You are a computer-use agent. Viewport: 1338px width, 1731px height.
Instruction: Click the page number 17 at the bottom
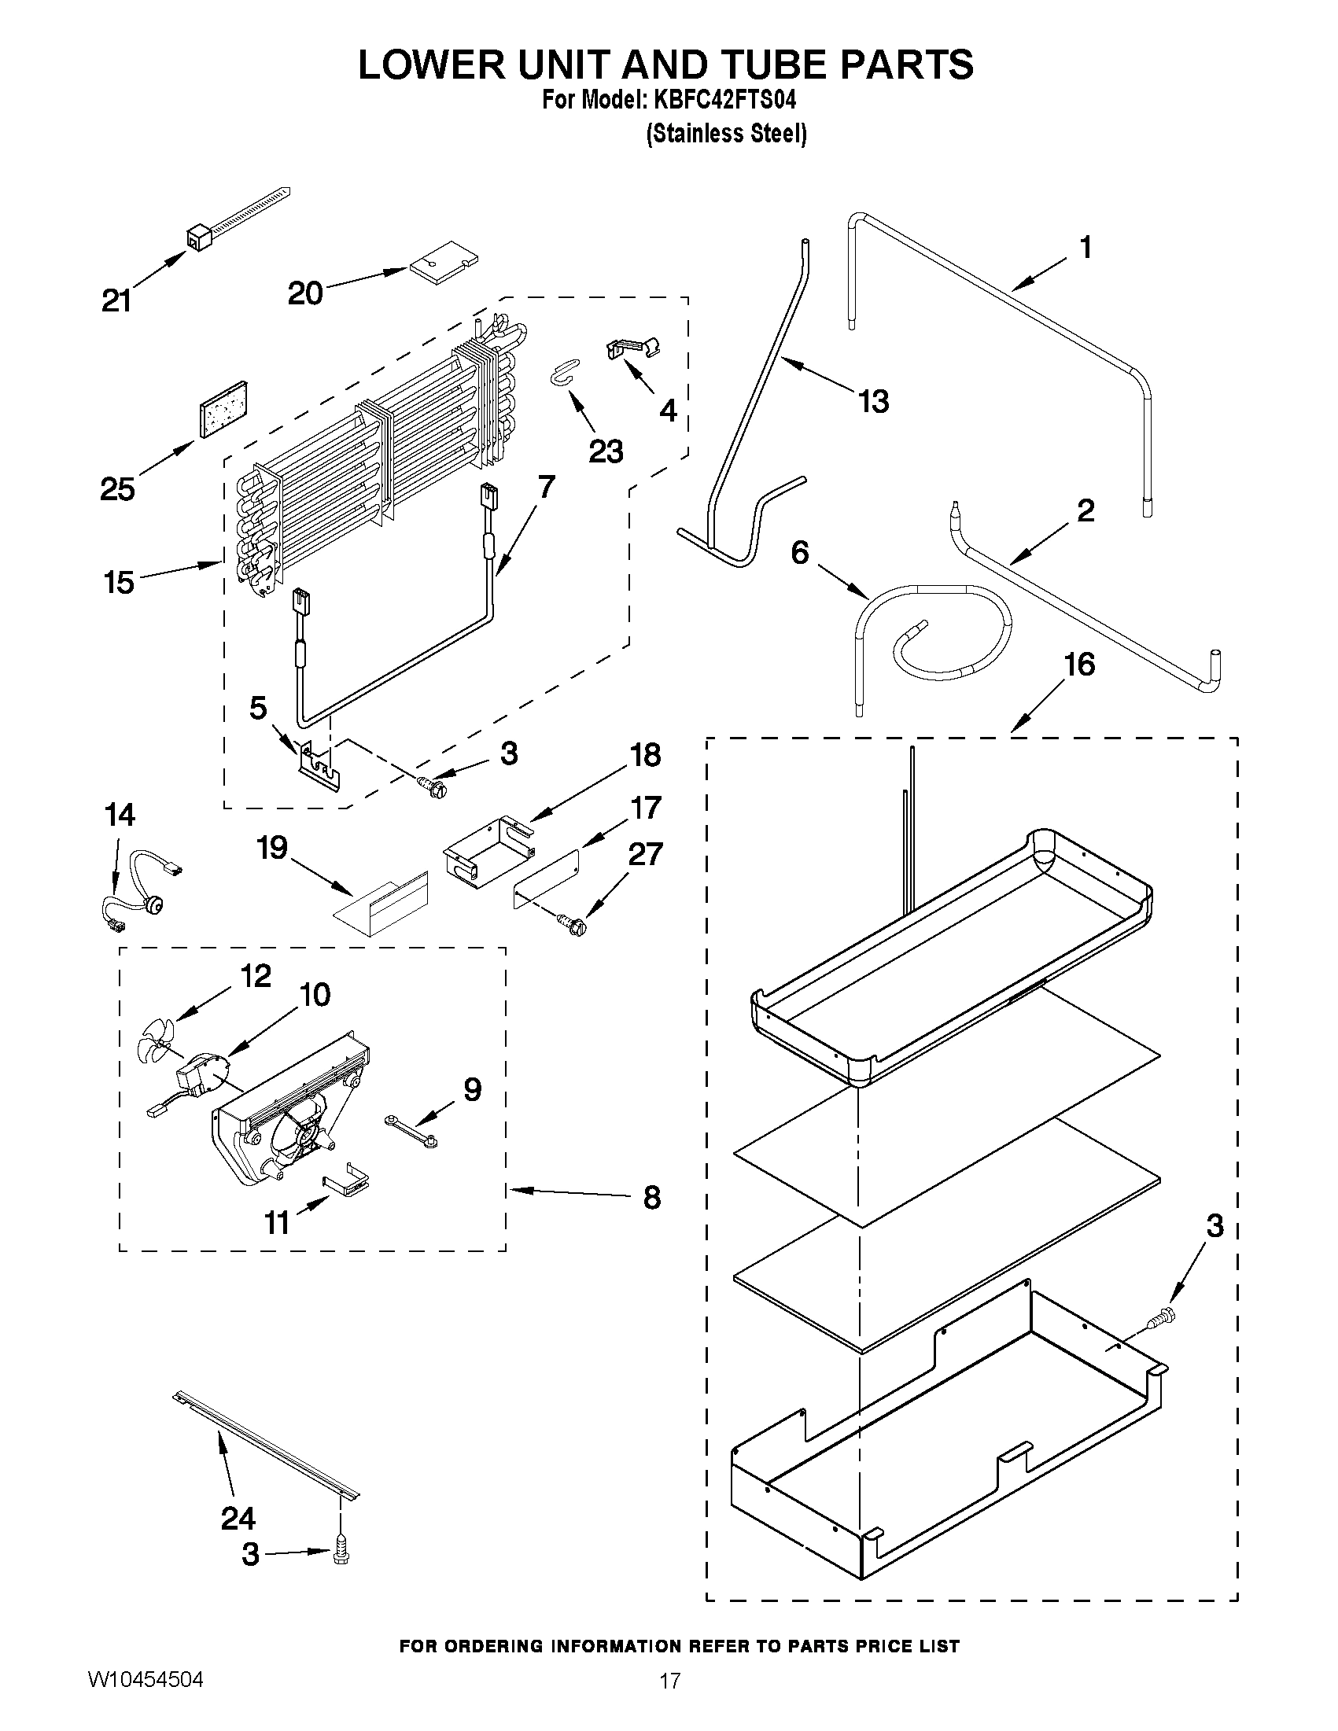click(x=670, y=1681)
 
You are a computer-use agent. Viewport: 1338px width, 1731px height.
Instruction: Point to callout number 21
click(x=117, y=301)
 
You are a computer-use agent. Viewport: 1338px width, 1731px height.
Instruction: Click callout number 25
click(x=117, y=489)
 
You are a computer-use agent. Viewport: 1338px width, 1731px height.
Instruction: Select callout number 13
click(x=874, y=402)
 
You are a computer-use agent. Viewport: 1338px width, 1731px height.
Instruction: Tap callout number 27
click(x=645, y=854)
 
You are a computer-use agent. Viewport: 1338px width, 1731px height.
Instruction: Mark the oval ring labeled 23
click(x=564, y=370)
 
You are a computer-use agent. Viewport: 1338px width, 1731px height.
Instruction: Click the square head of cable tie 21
click(x=197, y=236)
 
